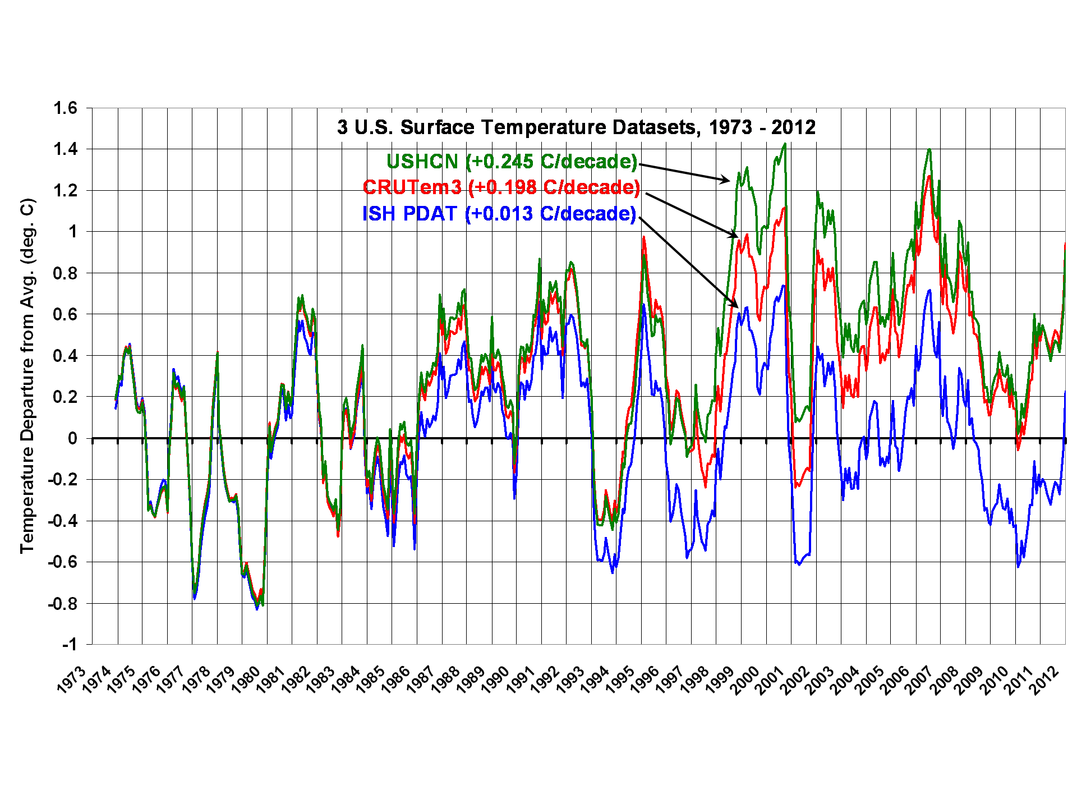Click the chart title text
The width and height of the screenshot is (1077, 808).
click(576, 127)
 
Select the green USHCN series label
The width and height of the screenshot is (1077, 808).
click(512, 162)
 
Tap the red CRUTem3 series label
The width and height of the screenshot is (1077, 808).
click(501, 187)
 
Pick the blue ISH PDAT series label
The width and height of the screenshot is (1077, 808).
click(499, 214)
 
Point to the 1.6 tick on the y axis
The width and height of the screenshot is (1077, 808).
click(65, 108)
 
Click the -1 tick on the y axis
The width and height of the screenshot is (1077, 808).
click(70, 644)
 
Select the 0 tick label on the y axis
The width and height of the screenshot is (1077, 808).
click(72, 438)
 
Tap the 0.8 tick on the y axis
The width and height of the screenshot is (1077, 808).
click(65, 273)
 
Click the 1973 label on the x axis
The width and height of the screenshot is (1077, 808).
click(71, 680)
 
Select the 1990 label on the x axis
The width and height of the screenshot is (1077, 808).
click(496, 680)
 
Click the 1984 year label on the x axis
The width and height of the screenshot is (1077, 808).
click(346, 680)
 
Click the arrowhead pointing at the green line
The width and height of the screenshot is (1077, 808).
click(726, 180)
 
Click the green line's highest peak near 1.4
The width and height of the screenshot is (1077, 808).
click(785, 144)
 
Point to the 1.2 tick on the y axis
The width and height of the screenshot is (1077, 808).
click(65, 190)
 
